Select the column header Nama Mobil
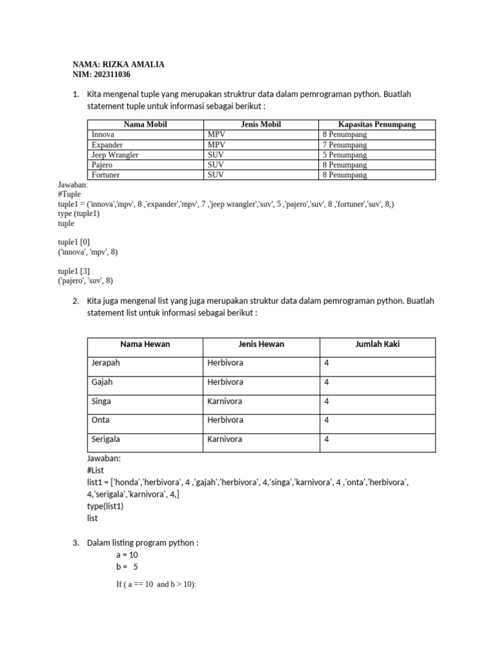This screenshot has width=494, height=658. pyautogui.click(x=145, y=125)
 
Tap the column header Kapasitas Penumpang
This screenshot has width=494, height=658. pyautogui.click(x=377, y=125)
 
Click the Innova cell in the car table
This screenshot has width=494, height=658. pyautogui.click(x=103, y=135)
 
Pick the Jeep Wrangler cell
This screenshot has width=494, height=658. pyautogui.click(x=115, y=155)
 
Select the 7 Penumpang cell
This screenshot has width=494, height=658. pyautogui.click(x=345, y=145)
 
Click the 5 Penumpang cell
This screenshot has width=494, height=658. pyautogui.click(x=345, y=155)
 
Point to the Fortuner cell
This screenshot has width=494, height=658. pyautogui.click(x=105, y=175)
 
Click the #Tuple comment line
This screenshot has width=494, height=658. pyautogui.click(x=69, y=194)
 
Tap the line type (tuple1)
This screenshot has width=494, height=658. pyautogui.click(x=78, y=214)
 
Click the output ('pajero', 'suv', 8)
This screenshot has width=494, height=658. pyautogui.click(x=88, y=281)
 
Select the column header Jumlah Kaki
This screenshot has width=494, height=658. pyautogui.click(x=378, y=344)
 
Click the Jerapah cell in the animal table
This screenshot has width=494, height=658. pyautogui.click(x=105, y=363)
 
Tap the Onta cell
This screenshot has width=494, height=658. pyautogui.click(x=100, y=420)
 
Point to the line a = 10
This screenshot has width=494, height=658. pyautogui.click(x=127, y=555)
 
